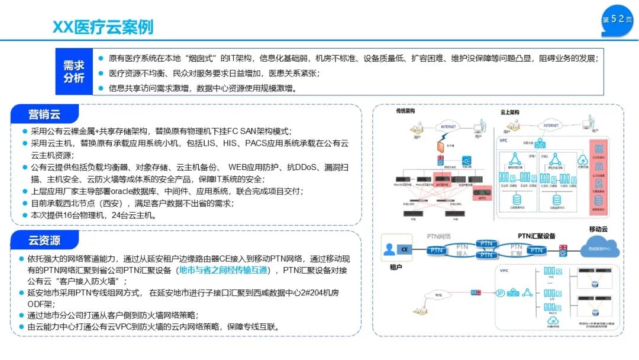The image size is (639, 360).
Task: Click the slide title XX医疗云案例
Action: click(x=103, y=27)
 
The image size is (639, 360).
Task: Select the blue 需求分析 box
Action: click(x=74, y=72)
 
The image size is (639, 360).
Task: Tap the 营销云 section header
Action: click(x=44, y=114)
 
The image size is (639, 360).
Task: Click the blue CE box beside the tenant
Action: click(x=405, y=249)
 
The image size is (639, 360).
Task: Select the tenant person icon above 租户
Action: click(x=389, y=249)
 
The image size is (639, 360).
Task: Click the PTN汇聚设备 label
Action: click(x=537, y=236)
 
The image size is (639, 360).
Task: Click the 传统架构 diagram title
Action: click(x=406, y=111)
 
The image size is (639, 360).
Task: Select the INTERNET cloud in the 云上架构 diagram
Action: click(x=550, y=125)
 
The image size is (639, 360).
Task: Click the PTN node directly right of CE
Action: click(x=437, y=250)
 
